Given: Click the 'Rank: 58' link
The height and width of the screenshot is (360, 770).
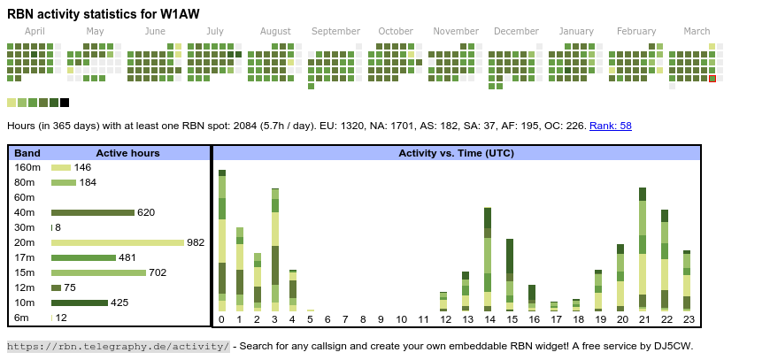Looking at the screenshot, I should (x=611, y=126).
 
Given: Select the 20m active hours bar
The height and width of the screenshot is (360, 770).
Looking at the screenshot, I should (x=117, y=242).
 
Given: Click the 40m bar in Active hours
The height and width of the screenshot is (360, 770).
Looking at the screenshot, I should (x=92, y=212).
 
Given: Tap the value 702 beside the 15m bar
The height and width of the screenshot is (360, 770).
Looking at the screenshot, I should (x=158, y=272).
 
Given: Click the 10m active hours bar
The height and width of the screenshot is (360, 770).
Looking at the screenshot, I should (x=80, y=303).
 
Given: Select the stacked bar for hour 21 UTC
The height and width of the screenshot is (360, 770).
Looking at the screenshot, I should (x=643, y=248).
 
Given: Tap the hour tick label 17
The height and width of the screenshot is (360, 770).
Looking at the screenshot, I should (x=555, y=319).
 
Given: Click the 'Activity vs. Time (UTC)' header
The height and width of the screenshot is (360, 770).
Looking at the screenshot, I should (x=456, y=153).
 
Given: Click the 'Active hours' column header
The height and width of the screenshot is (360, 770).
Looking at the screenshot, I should (x=127, y=153).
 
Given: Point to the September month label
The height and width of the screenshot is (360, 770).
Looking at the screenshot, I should (x=335, y=32).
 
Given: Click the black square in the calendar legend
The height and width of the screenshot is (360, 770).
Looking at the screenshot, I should (x=65, y=103).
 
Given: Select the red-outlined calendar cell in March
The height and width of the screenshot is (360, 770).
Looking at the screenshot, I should (x=712, y=79).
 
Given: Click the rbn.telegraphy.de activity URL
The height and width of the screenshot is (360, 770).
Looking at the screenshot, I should (x=119, y=346).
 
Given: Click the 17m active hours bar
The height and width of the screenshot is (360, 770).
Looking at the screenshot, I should (x=83, y=257).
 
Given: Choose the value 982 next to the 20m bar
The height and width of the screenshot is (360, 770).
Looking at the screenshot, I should (x=196, y=242).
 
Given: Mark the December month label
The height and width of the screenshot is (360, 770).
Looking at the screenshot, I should (x=516, y=32).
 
